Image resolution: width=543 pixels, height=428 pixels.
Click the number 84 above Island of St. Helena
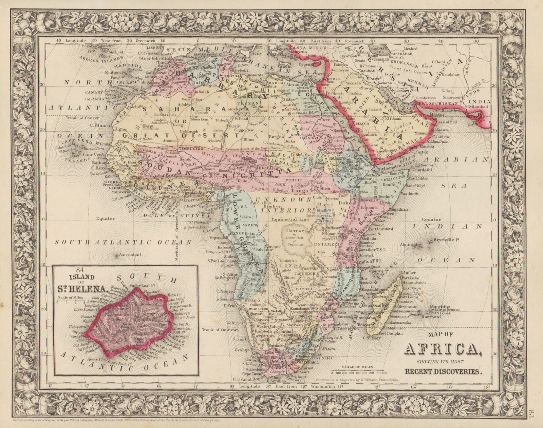pos(80,270)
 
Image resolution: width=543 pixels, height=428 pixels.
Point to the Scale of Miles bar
pos(358,370)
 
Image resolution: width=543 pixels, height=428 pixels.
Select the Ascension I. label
pos(128,254)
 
